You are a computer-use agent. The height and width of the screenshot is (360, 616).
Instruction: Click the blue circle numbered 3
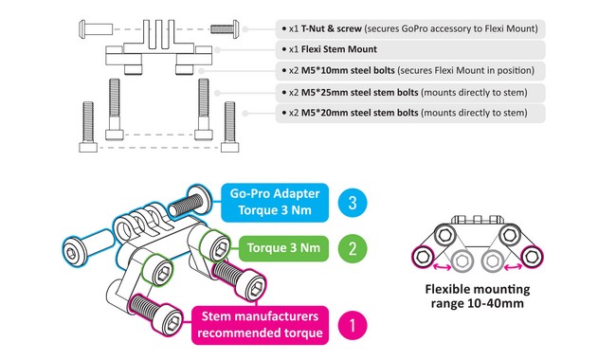point(353,203)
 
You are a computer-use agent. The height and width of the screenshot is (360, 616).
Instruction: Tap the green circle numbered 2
point(353,248)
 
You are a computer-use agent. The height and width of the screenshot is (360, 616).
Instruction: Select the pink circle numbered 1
point(353,326)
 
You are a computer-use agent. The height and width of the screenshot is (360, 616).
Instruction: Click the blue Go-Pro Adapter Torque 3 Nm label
point(275,202)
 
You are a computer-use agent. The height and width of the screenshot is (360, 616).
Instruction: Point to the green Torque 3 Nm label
point(283,248)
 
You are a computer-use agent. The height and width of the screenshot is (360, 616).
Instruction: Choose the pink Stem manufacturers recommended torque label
point(260,325)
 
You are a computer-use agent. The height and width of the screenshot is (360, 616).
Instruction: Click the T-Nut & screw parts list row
point(410,29)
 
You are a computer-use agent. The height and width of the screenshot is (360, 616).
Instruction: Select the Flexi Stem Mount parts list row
point(410,50)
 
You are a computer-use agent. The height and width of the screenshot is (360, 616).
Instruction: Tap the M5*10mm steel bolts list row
point(410,71)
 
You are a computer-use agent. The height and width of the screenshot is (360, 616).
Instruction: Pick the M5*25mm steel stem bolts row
point(410,93)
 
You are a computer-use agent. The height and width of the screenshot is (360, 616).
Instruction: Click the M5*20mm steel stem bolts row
point(410,114)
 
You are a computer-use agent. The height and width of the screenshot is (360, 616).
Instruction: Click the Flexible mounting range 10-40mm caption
point(478,297)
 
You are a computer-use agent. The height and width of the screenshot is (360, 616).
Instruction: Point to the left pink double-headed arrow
point(442,267)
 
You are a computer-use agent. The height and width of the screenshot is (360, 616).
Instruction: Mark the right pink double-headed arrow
point(513,267)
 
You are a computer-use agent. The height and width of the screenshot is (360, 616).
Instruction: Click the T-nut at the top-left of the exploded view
point(96,29)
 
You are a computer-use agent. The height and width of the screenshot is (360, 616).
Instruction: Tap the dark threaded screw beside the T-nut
point(225,29)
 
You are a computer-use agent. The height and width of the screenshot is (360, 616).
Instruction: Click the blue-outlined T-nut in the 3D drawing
point(87,248)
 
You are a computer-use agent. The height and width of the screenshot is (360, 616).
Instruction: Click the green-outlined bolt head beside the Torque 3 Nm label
point(215,246)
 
